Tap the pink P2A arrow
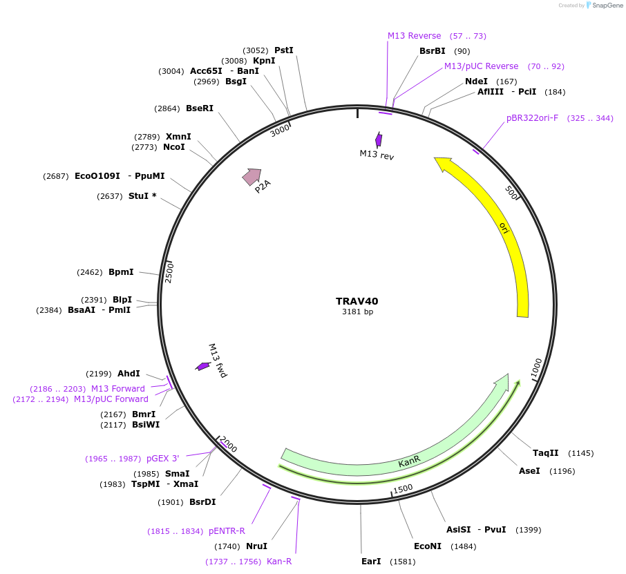(x=252, y=177)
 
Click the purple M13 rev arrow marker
(x=378, y=139)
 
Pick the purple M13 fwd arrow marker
(x=202, y=366)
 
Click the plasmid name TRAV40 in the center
(x=357, y=301)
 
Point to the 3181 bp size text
(x=357, y=312)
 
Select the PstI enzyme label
(x=284, y=50)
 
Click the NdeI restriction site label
(x=476, y=81)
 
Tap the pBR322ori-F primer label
(x=532, y=118)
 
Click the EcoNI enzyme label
(x=427, y=546)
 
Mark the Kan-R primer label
(x=279, y=562)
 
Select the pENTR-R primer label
(x=227, y=531)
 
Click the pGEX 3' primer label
(x=162, y=459)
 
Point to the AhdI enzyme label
(x=129, y=374)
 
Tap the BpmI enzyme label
(x=121, y=272)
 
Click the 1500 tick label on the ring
(x=402, y=488)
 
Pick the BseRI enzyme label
(x=200, y=108)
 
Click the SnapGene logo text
(x=605, y=6)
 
